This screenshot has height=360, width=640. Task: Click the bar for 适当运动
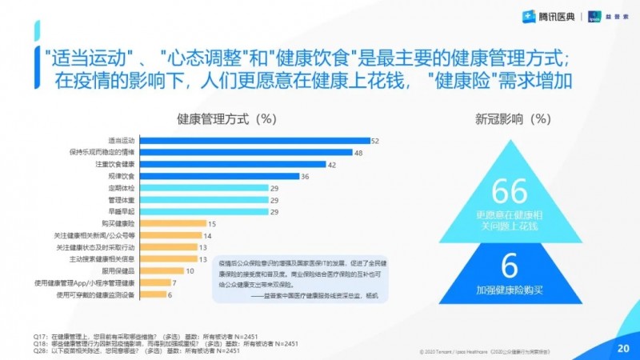tap(254, 141)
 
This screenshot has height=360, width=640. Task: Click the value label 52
tap(374, 141)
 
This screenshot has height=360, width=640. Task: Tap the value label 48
tap(358, 152)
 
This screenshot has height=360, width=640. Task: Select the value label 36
tap(305, 176)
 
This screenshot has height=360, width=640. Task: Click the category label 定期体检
tap(122, 188)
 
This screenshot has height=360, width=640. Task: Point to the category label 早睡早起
tap(122, 212)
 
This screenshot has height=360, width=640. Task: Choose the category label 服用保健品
tap(118, 271)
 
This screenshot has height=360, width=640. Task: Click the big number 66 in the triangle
tap(510, 192)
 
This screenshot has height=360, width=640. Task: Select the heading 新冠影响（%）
tap(510, 119)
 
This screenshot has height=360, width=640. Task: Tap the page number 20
tap(623, 348)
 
